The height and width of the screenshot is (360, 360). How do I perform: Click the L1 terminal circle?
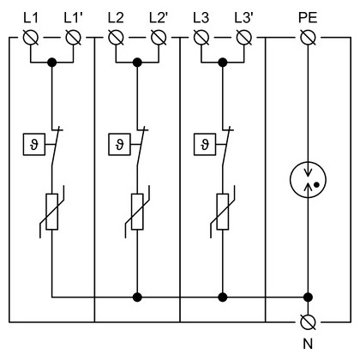click(x=31, y=38)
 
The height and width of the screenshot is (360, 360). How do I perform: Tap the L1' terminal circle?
click(x=74, y=38)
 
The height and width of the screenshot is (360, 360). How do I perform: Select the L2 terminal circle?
click(x=116, y=38)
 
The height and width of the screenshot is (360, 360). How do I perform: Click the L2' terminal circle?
click(x=159, y=38)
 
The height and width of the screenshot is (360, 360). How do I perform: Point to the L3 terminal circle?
click(x=201, y=38)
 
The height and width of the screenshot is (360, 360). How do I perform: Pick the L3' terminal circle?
click(x=244, y=38)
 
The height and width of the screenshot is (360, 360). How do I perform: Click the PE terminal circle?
click(x=309, y=38)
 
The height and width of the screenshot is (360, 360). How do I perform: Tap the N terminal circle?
click(x=309, y=322)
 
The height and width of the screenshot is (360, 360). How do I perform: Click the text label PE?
click(x=308, y=18)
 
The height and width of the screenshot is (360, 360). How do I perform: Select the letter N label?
click(x=308, y=344)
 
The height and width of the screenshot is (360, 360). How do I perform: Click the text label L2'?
click(x=158, y=18)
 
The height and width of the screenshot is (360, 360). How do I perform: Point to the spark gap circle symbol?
click(x=308, y=180)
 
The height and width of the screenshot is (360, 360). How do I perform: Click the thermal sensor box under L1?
click(x=34, y=144)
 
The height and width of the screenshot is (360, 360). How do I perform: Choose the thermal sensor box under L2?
click(x=119, y=144)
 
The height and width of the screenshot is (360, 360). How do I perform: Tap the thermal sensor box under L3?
click(x=205, y=144)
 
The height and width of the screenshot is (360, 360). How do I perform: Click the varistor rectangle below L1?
click(x=52, y=212)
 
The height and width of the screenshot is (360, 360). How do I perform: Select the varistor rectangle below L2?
click(x=137, y=212)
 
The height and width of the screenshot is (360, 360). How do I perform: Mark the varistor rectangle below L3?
click(x=223, y=212)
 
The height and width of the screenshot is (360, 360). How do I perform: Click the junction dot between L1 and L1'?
click(x=52, y=63)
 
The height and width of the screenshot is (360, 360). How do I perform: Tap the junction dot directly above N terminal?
click(x=308, y=297)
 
